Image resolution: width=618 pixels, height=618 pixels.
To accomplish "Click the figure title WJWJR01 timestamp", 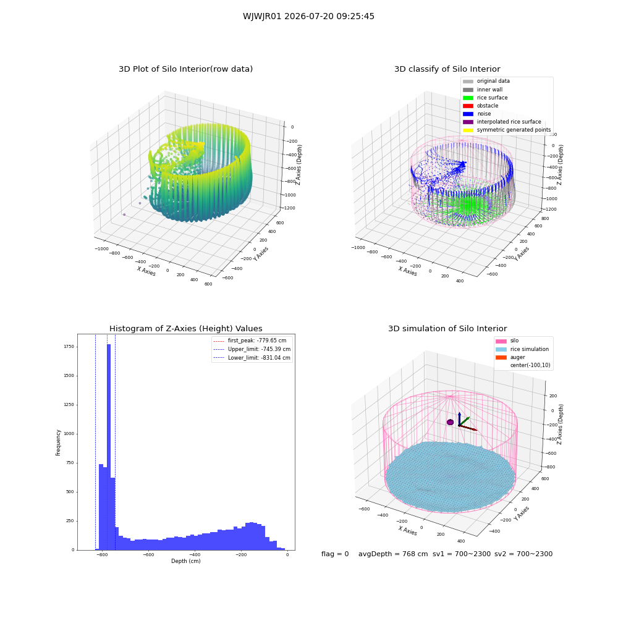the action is point(308,16).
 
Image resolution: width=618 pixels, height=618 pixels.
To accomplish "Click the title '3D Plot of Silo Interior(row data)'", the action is point(185,69).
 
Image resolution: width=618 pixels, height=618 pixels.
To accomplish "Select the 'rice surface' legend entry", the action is point(485,98).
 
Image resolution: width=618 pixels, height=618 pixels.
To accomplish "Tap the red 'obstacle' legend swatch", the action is point(468,106).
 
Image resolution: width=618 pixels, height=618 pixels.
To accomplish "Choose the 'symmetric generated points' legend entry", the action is point(507,130).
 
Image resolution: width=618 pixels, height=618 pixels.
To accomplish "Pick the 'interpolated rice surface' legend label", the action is point(509,122).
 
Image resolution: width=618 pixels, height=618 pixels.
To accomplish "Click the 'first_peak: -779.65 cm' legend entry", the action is point(250,341).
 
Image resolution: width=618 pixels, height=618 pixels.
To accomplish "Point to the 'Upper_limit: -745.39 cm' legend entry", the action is point(252,349).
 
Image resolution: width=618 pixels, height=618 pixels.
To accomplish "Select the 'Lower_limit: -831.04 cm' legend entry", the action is point(252,358).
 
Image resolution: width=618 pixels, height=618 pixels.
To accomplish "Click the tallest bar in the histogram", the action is point(109,447).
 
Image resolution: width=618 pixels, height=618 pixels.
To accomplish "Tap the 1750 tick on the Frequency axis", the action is point(69,347).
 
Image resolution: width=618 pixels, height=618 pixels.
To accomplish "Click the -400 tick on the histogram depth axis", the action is point(195,554).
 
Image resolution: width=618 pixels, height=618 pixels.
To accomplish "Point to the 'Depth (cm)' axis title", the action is point(186,561).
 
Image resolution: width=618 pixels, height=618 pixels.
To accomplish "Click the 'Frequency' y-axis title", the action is point(58,442).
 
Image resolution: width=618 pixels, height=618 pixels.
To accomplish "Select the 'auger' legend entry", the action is point(510,357).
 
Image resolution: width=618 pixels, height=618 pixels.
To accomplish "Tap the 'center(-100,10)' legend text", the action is point(530,365).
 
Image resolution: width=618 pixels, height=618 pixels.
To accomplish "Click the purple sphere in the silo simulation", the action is point(450,422).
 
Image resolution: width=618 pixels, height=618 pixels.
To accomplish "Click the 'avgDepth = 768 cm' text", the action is point(393,554).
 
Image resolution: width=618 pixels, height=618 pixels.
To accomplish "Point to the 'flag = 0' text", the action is point(335,554).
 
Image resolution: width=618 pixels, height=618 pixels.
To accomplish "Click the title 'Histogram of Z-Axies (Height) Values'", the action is point(185,329).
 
